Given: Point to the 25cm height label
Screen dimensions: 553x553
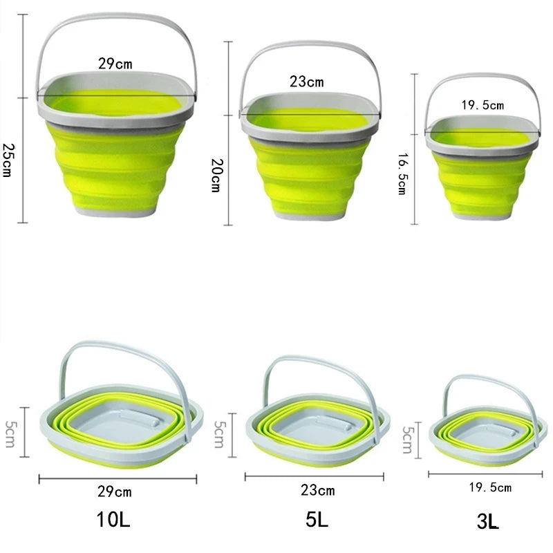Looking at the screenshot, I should tap(8, 160).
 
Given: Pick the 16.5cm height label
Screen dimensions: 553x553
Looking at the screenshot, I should tap(401, 175).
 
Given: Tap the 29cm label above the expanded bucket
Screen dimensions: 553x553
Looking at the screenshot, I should tap(115, 64).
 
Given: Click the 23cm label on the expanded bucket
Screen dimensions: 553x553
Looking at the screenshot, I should tap(306, 82).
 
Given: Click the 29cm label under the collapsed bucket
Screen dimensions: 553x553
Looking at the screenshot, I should tap(115, 491).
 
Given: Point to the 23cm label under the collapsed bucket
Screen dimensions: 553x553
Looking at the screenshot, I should tap(317, 490).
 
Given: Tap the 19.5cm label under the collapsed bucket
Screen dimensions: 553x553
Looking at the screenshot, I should tap(489, 487).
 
